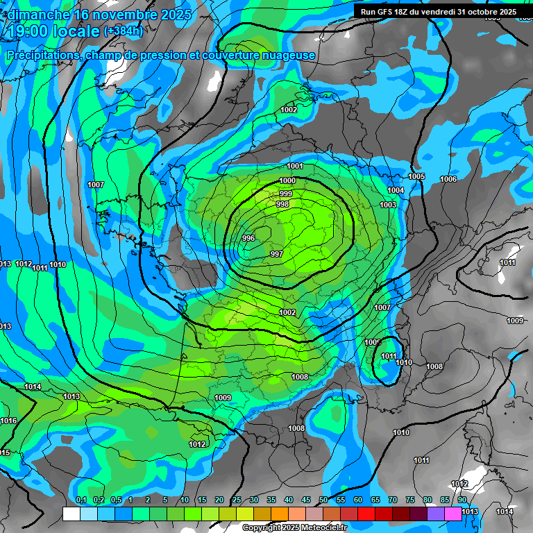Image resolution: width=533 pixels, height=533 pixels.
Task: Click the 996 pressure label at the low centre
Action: coord(248,238)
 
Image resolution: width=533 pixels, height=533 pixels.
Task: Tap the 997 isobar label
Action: coord(276,254)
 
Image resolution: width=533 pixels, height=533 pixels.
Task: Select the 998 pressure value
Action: coord(282,204)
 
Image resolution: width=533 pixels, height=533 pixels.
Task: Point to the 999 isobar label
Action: coord(286,194)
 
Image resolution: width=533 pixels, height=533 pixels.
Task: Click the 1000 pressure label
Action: coord(287,181)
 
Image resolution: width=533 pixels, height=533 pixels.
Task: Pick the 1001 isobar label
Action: coord(295,166)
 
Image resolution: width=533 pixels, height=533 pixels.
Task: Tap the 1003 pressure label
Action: coord(388,205)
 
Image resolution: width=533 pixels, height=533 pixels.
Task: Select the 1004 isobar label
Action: coord(396,190)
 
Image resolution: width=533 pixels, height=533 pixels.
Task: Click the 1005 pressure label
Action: coord(416,177)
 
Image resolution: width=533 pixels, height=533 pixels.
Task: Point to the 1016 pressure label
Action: coord(9,421)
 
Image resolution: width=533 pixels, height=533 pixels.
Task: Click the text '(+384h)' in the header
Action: coord(124,31)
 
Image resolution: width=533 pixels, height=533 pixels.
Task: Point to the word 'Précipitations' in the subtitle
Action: coord(43,55)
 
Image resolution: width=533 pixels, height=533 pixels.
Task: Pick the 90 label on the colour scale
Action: coord(462,500)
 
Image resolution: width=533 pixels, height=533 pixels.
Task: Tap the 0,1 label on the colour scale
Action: coord(81,500)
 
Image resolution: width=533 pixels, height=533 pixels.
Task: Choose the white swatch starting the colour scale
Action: coord(71,514)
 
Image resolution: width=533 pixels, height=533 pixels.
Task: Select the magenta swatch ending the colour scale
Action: coord(453,514)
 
